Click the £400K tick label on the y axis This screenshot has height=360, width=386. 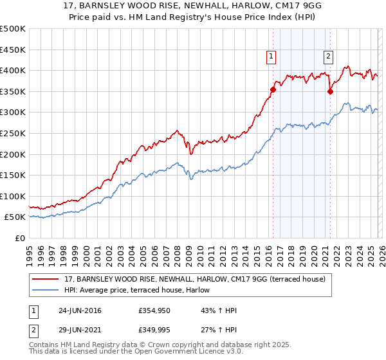[13, 71]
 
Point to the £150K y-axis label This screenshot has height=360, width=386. [13, 175]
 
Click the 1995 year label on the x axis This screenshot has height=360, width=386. [30, 251]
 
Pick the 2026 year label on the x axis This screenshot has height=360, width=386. [381, 251]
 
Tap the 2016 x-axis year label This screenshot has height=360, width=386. [268, 251]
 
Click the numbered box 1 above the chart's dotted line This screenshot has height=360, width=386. [271, 57]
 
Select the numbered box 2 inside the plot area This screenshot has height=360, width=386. [328, 57]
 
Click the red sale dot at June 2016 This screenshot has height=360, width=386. [273, 90]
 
